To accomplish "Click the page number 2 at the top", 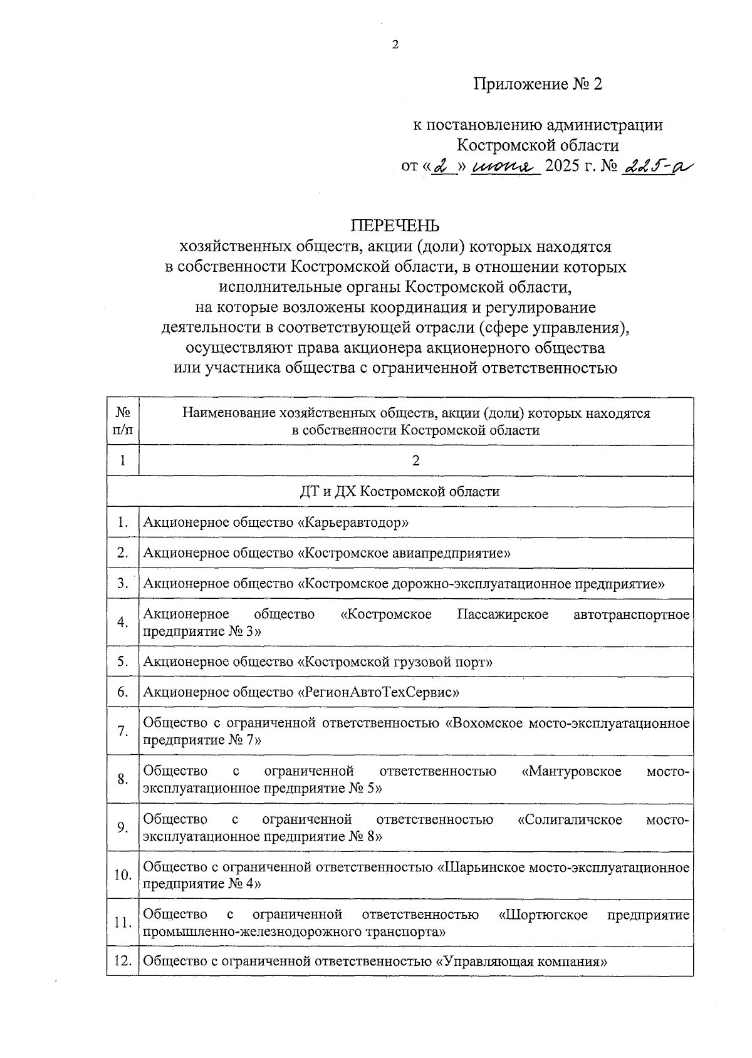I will (x=395, y=44).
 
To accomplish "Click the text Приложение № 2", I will (x=538, y=84).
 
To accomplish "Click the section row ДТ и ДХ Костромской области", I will (x=400, y=491).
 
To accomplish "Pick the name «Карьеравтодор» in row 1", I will (x=353, y=522).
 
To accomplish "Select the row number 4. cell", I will (x=123, y=622).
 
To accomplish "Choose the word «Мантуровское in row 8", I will (x=571, y=770).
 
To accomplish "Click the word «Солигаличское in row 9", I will (x=570, y=819).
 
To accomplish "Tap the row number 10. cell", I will (x=123, y=874).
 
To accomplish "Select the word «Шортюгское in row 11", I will (x=543, y=915).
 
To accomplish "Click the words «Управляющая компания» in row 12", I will (x=521, y=961).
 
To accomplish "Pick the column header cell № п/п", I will (x=123, y=421).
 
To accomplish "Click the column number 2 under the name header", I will (x=415, y=460).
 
